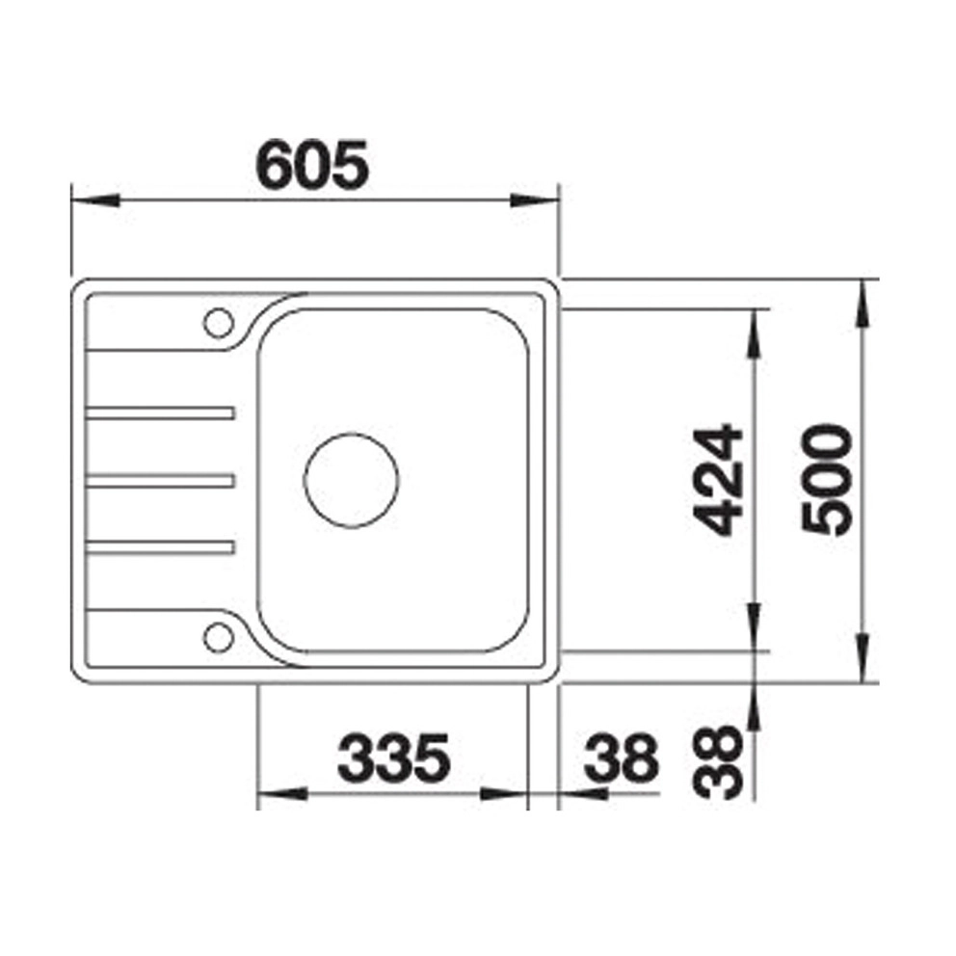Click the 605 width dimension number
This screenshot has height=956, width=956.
pos(312,165)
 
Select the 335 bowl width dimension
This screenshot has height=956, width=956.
pos(394,757)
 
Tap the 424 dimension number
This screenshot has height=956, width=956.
pos(719,481)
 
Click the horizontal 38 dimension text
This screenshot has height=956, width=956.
pos(622,757)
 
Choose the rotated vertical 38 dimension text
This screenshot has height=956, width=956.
pos(719,762)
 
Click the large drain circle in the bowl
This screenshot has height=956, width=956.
pos(351,481)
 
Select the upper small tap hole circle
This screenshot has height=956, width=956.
pos(218,323)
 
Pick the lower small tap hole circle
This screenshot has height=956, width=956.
pos(218,638)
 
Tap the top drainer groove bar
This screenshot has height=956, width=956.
pos(160,413)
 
